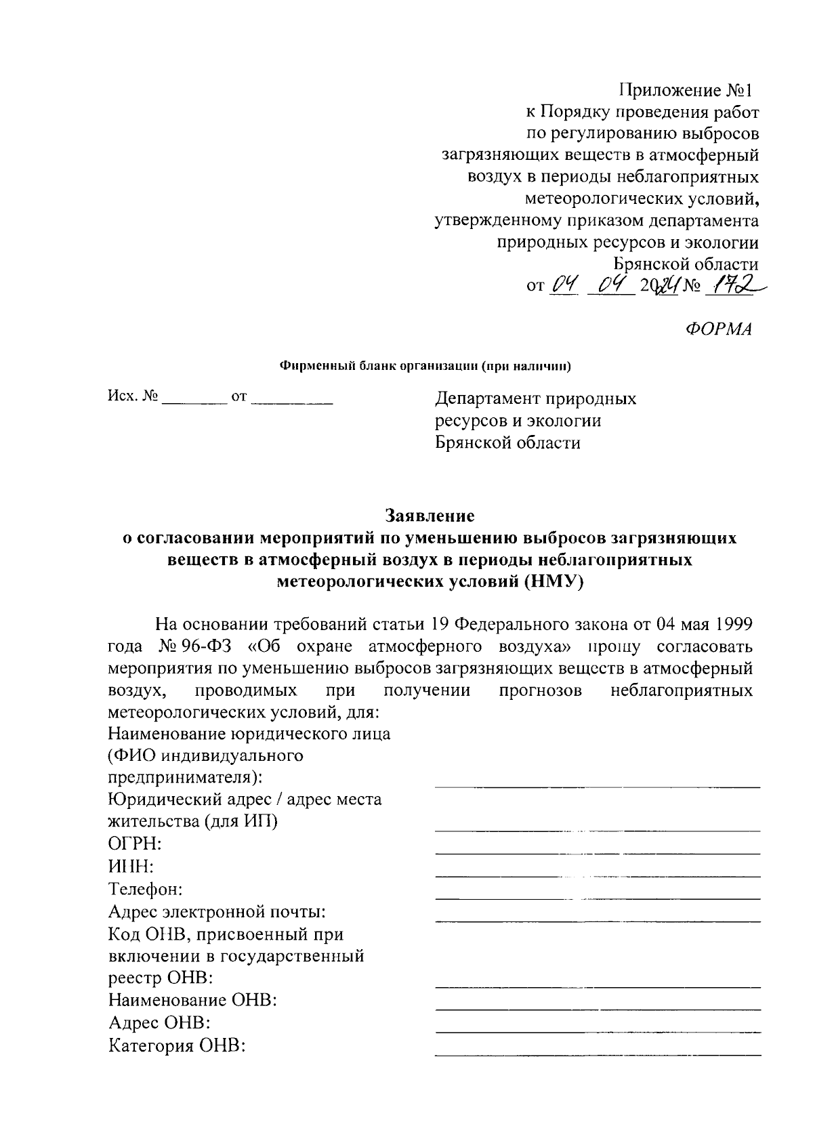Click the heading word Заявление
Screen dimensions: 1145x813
point(430,516)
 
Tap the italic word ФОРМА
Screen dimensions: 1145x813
point(719,329)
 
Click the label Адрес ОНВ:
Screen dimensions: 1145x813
point(159,1023)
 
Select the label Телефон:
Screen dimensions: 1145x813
point(145,889)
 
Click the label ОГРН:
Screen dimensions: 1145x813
point(135,844)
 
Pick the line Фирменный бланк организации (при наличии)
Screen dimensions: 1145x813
point(426,367)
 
